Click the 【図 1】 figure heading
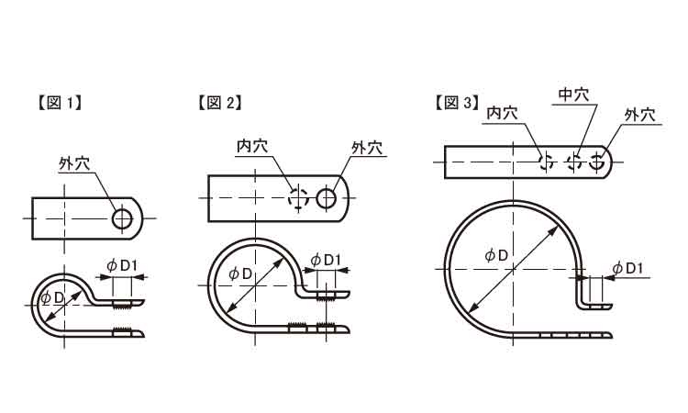click(x=59, y=103)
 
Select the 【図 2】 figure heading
click(x=219, y=103)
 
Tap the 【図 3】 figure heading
click(x=456, y=103)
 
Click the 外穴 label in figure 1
click(x=74, y=163)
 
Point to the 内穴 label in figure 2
click(x=252, y=146)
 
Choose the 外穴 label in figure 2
click(x=367, y=148)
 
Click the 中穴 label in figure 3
click(x=573, y=95)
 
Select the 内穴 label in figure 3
click(x=503, y=113)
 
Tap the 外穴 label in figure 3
click(x=640, y=115)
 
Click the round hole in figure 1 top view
click(x=122, y=218)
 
